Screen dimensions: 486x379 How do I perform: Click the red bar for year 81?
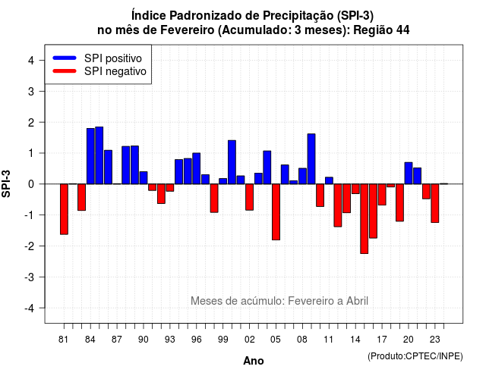(x=64, y=209)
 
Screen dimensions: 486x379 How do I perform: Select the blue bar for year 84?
(x=90, y=156)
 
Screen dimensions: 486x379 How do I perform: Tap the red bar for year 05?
(x=276, y=212)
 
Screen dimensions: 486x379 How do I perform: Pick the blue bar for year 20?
(x=409, y=174)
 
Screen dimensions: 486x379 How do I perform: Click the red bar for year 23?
(x=435, y=203)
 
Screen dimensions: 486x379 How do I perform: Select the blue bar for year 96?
(x=196, y=168)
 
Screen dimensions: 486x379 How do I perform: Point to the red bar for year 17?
(x=382, y=194)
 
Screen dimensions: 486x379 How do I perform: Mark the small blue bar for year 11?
(x=329, y=180)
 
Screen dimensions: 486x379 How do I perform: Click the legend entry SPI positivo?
(x=113, y=58)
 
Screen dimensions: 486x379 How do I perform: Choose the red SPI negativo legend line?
(x=65, y=71)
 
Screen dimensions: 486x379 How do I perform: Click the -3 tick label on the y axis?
(x=30, y=277)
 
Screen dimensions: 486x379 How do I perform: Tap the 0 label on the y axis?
(x=31, y=184)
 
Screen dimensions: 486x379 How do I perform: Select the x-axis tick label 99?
(x=222, y=340)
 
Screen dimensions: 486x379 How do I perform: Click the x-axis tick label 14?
(x=355, y=340)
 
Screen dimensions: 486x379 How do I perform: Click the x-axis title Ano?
(x=254, y=361)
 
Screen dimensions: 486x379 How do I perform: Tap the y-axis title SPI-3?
(x=6, y=183)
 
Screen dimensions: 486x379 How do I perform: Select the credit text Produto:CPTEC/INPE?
(x=415, y=356)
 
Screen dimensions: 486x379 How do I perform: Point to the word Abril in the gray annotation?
(x=357, y=301)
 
